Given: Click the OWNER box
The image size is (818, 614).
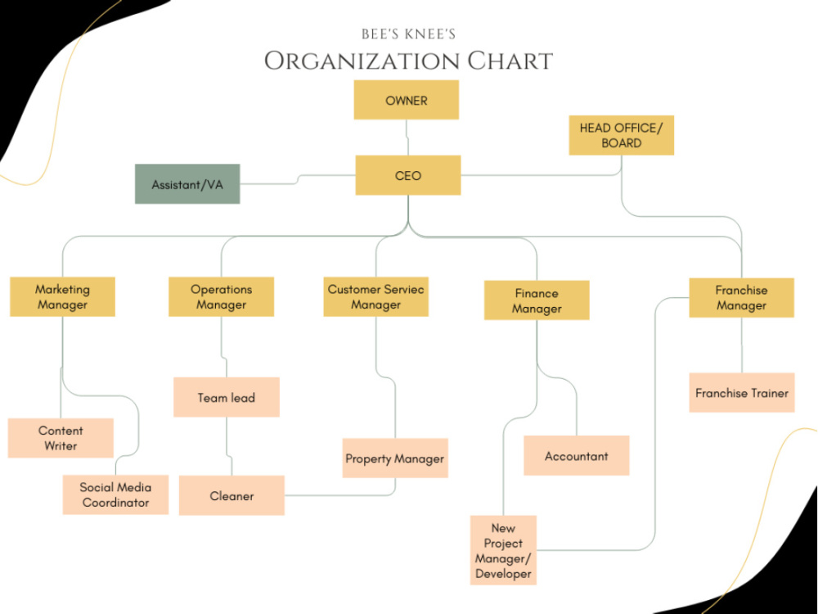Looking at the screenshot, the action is click(407, 100).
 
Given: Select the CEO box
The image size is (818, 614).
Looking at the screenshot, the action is click(408, 175).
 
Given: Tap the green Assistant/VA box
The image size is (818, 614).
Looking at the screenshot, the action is click(187, 183).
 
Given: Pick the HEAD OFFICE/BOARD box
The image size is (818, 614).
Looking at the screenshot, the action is click(622, 135).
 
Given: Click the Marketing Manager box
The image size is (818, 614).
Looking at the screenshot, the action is click(63, 296).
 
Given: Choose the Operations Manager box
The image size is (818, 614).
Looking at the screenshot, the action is click(221, 296).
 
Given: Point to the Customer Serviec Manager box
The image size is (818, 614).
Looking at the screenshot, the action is click(376, 296).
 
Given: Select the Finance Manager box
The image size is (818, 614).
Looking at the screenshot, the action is click(537, 300).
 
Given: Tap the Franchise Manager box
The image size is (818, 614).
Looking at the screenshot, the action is click(741, 298).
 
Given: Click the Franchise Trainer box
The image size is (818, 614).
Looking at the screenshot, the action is click(742, 393).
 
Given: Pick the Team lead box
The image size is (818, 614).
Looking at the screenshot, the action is click(227, 397).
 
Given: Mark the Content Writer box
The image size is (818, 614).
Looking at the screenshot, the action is click(61, 438).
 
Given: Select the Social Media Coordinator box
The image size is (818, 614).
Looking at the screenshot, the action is click(116, 495).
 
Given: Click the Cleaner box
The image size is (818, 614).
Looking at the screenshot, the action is click(231, 495).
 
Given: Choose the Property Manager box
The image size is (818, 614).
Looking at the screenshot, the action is click(395, 458).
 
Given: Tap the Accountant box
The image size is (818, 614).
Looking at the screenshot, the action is click(577, 456).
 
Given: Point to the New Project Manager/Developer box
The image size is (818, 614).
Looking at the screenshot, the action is click(503, 550).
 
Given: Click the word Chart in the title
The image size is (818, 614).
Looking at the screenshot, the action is click(510, 61).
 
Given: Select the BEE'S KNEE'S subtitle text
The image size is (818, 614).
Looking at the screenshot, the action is click(408, 34).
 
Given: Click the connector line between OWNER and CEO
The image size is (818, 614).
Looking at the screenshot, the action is click(407, 138).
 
